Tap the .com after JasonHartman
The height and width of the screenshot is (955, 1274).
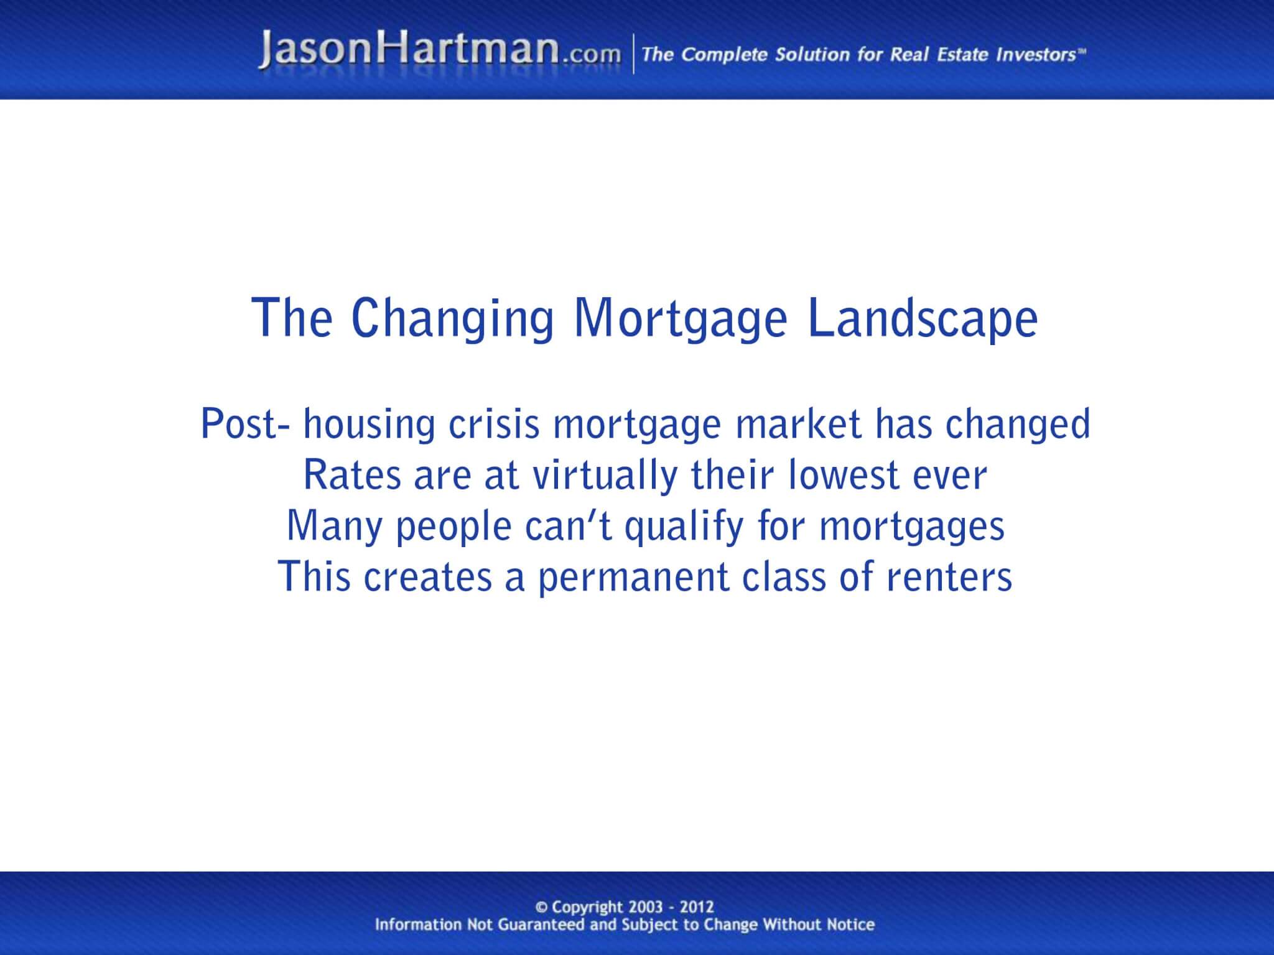[592, 55]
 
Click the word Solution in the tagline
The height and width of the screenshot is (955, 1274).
[811, 55]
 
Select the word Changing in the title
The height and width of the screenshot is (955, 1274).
[452, 318]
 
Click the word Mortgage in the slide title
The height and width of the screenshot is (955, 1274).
[680, 318]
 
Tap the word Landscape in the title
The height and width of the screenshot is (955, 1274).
[923, 318]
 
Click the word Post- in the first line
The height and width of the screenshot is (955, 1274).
[246, 425]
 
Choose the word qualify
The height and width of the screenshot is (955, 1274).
[684, 527]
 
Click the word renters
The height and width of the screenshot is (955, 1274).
[949, 577]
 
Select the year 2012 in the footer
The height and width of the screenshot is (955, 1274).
[697, 907]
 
